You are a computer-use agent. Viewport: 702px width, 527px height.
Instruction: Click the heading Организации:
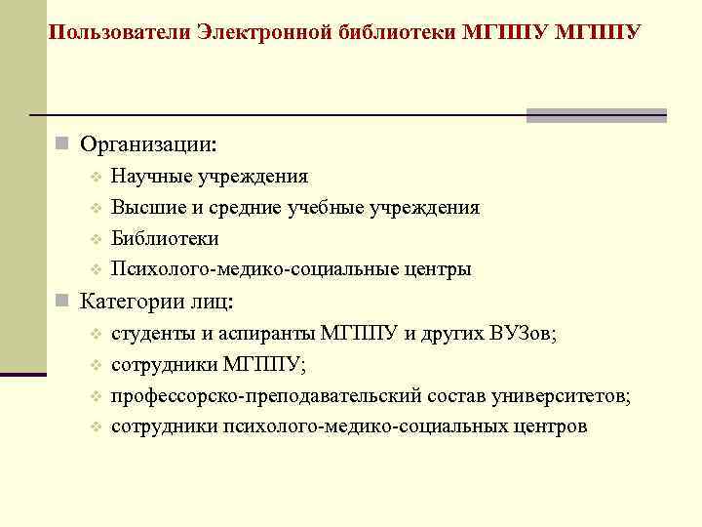point(149,145)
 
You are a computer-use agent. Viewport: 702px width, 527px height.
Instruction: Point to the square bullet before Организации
point(61,145)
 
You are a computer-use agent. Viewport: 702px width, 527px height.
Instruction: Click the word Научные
point(152,177)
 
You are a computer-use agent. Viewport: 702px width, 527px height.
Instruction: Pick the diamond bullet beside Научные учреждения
point(96,178)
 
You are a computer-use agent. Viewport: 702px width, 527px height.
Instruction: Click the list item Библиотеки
point(165,239)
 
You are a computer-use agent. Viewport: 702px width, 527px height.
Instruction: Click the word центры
point(438,269)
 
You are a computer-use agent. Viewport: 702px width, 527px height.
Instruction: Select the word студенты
point(154,334)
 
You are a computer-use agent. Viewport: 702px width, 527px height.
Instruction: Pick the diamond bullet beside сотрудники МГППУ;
point(96,366)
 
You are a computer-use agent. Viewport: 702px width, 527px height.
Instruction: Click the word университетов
point(556,396)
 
